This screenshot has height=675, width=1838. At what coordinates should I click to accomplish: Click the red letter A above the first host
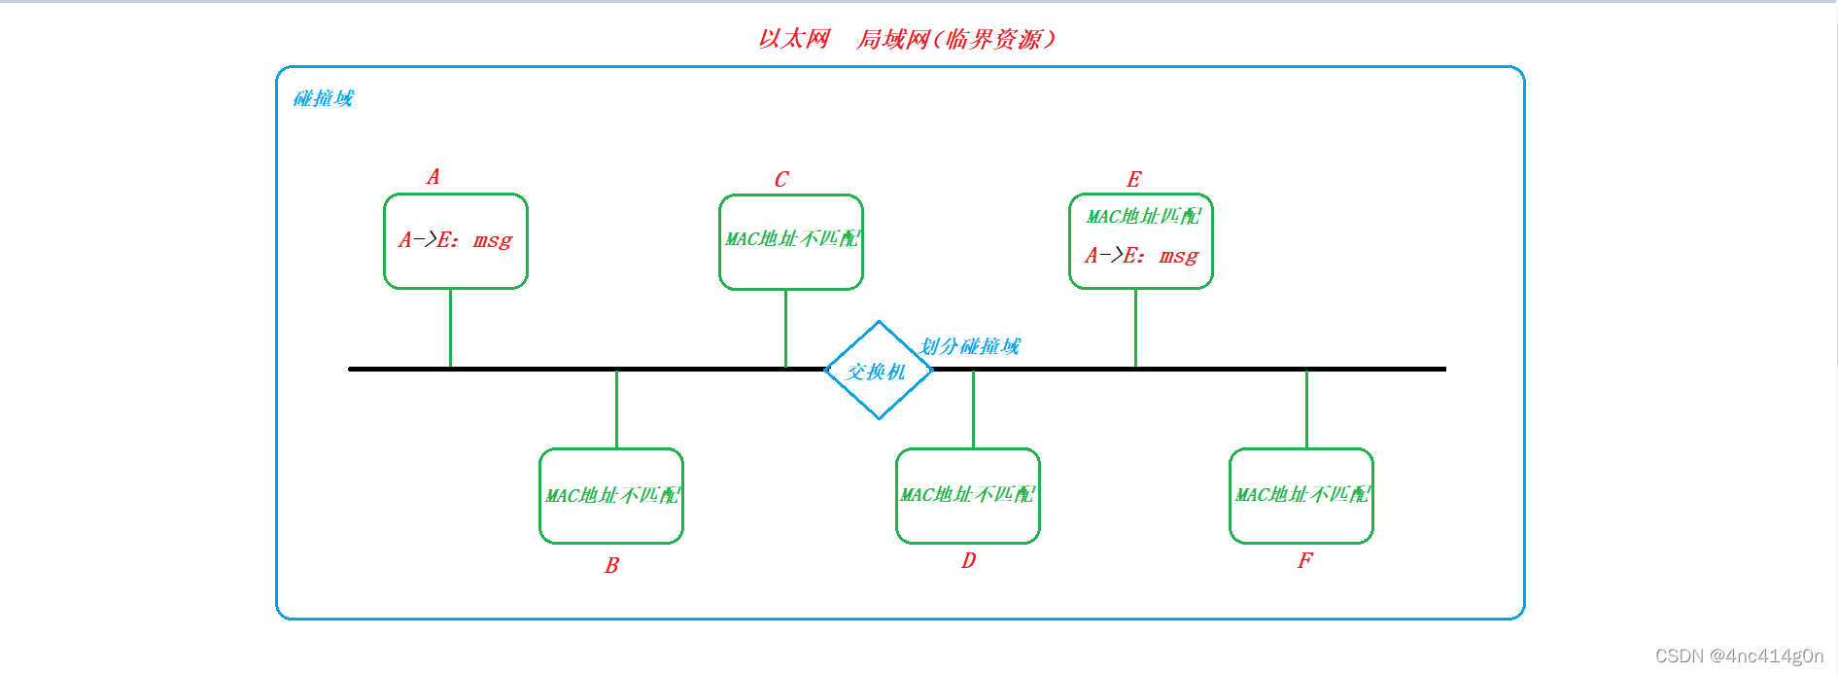(433, 177)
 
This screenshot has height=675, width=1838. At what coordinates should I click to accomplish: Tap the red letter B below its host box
(611, 565)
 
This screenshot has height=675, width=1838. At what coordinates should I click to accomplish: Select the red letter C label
(781, 180)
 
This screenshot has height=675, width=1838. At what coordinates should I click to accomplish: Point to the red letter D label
(968, 561)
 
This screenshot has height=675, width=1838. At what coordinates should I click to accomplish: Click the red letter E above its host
(1133, 180)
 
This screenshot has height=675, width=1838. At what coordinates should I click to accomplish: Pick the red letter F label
(1304, 560)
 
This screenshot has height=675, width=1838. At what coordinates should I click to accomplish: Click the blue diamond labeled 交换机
(879, 371)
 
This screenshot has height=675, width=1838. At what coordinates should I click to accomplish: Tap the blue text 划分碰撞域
(970, 346)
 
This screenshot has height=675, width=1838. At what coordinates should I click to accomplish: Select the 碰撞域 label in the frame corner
(324, 98)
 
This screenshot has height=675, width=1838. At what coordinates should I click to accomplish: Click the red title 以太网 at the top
(794, 39)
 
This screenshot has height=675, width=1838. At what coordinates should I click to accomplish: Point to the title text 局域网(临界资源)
(954, 39)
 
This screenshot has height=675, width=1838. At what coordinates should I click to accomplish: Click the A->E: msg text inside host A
(455, 240)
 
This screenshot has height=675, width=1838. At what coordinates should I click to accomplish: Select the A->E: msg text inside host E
(1141, 256)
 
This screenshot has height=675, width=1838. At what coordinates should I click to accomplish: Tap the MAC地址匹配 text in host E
(1143, 216)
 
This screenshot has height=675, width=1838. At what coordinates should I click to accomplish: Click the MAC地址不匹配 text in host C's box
(792, 238)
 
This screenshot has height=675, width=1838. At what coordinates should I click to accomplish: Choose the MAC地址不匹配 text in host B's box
(612, 495)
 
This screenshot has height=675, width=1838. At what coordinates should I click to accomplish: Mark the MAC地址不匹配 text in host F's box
(1302, 494)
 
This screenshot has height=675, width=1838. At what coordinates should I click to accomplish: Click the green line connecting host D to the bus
(973, 409)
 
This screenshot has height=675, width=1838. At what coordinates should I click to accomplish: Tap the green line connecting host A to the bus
(450, 328)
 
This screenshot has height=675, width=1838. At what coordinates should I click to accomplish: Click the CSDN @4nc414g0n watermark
(1739, 656)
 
